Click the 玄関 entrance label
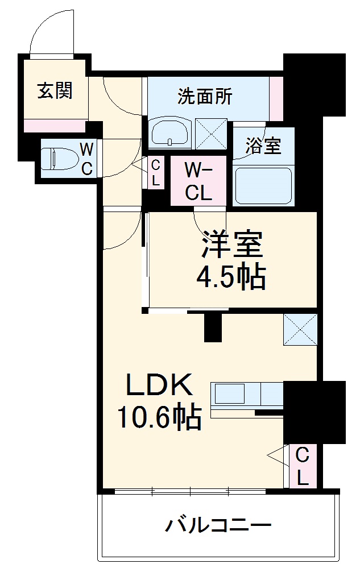(55, 90)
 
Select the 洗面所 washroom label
(205, 97)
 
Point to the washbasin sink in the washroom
(170, 133)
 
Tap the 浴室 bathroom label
(263, 146)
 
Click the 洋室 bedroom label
(231, 244)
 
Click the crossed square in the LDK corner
(300, 329)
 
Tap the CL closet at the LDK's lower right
(302, 466)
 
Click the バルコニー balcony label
(218, 525)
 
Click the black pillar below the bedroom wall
(212, 327)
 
